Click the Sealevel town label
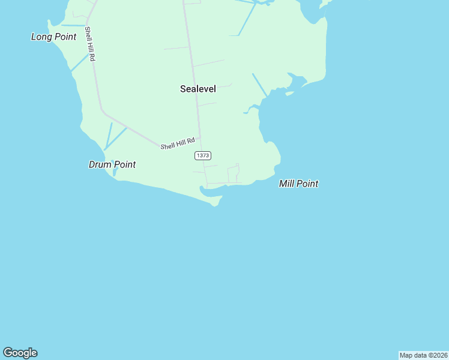coord(198,89)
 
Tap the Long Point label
coord(54,37)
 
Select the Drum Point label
coord(112,164)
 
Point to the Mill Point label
coord(298,184)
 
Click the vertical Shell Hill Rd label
coord(90,44)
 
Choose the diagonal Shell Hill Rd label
coord(178,143)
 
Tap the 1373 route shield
coord(203,155)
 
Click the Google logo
coord(20,353)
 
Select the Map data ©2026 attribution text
coord(423,355)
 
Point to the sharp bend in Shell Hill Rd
coord(102,110)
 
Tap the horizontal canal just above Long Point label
coord(73,26)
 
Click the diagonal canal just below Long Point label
coord(79,62)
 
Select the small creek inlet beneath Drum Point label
coord(114,172)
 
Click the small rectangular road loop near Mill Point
coord(234,174)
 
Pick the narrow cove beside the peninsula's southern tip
coord(210,191)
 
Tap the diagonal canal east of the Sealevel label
coord(260,85)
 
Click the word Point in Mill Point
coord(307,184)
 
